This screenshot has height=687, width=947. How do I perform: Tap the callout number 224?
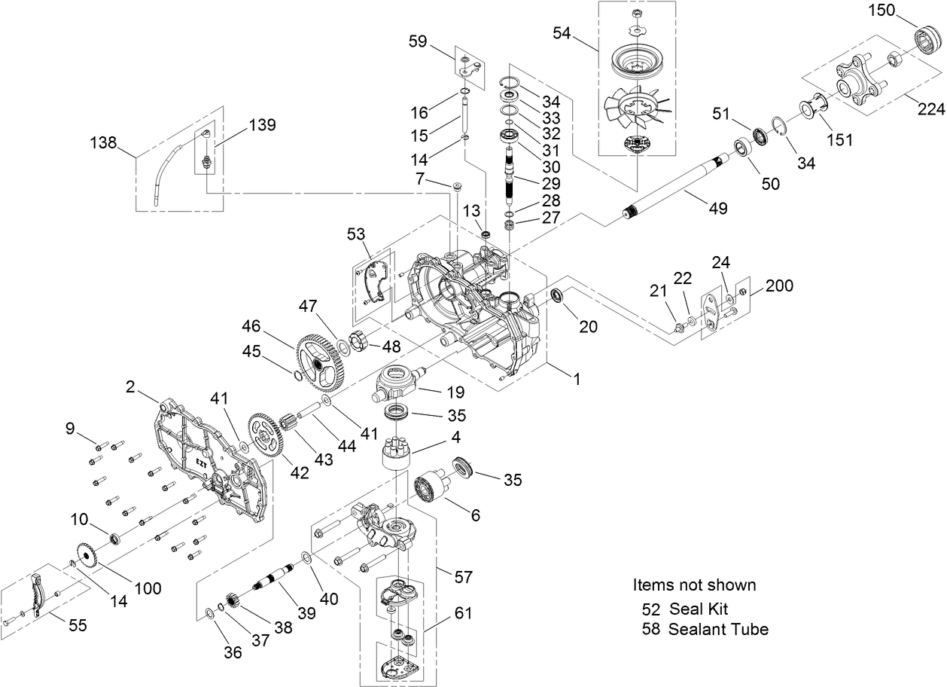pyautogui.click(x=930, y=109)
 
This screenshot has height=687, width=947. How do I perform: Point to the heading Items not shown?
pyautogui.click(x=694, y=585)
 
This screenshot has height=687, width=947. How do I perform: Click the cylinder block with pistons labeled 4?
pyautogui.click(x=401, y=452)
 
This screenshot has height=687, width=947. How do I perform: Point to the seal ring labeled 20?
pyautogui.click(x=559, y=295)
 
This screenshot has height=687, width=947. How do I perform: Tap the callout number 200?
pyautogui.click(x=779, y=285)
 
